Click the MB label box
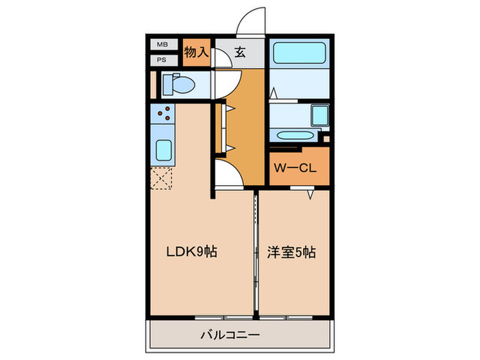click(163, 45)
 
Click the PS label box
click(163, 59)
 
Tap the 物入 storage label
click(197, 52)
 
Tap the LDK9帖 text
click(193, 252)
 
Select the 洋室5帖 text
click(291, 252)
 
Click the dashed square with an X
click(163, 178)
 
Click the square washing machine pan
click(319, 115)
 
